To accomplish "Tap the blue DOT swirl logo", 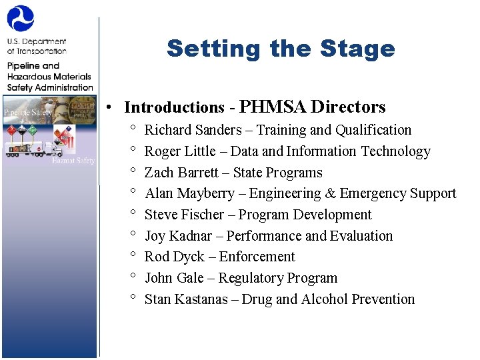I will click(x=20, y=19).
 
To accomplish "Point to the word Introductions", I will click(x=175, y=107).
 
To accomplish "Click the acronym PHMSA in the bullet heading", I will click(x=273, y=107).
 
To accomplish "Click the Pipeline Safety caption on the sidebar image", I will click(x=27, y=113).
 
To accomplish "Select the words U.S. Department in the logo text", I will click(x=37, y=41).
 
